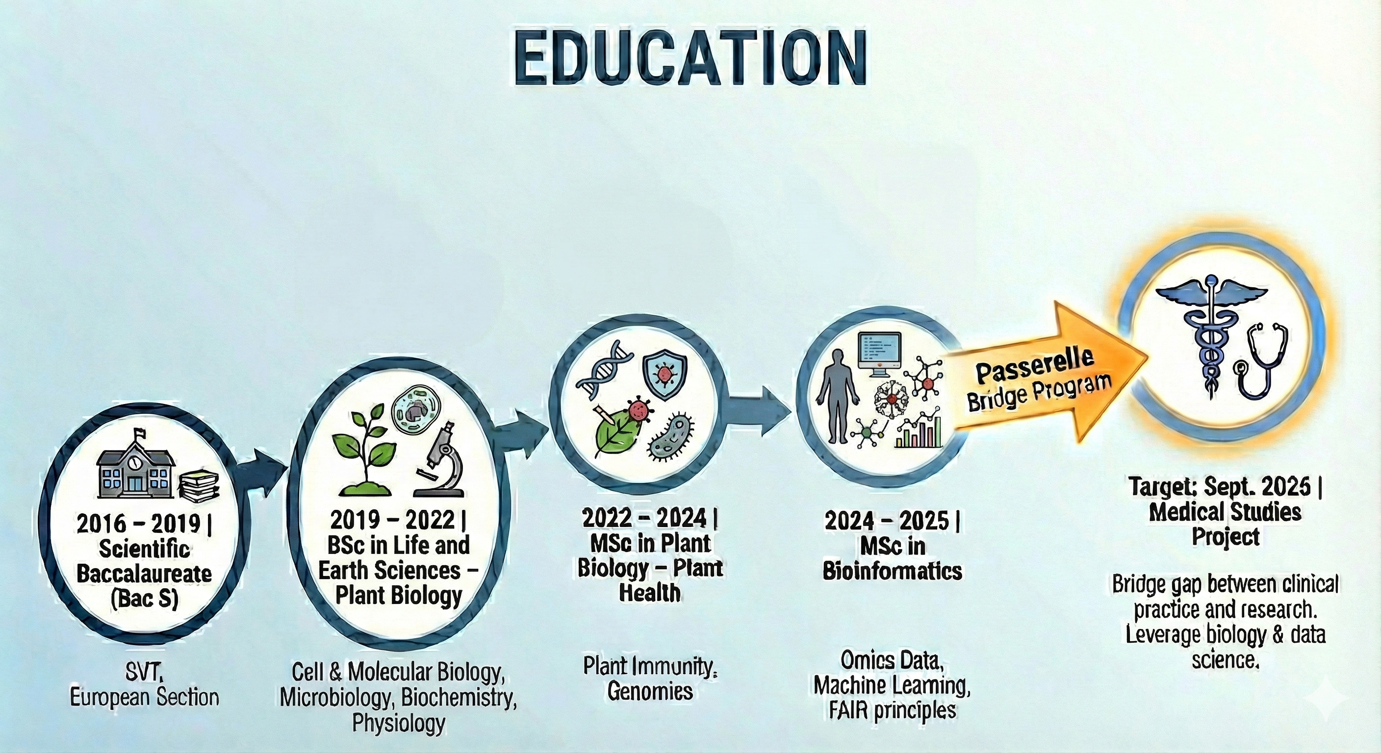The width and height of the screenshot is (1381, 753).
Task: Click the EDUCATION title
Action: click(690, 64)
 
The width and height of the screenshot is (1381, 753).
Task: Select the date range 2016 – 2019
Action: click(138, 524)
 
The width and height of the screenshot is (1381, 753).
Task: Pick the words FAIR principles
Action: click(893, 710)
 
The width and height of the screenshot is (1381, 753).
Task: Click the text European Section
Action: click(144, 698)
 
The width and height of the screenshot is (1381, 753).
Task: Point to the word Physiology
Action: click(398, 723)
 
